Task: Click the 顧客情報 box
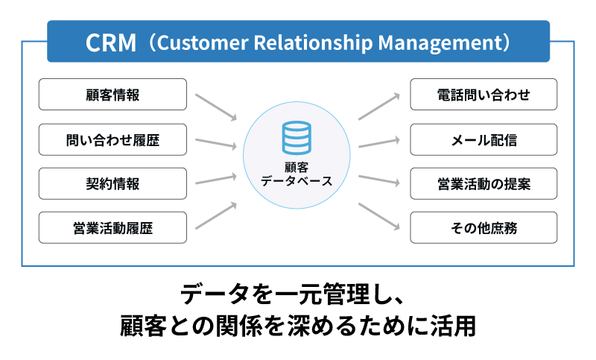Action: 112,95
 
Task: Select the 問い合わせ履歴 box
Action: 112,139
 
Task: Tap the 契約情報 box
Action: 112,183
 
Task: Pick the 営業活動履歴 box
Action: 112,227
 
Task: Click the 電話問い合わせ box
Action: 484,95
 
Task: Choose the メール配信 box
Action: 484,139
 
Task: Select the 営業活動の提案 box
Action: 484,183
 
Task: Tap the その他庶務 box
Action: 484,227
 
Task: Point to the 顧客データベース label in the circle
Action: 297,174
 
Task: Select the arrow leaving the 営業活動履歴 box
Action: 215,215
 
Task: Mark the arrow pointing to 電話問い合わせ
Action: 379,107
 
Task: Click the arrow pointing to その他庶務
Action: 379,215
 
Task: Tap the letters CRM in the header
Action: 112,42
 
